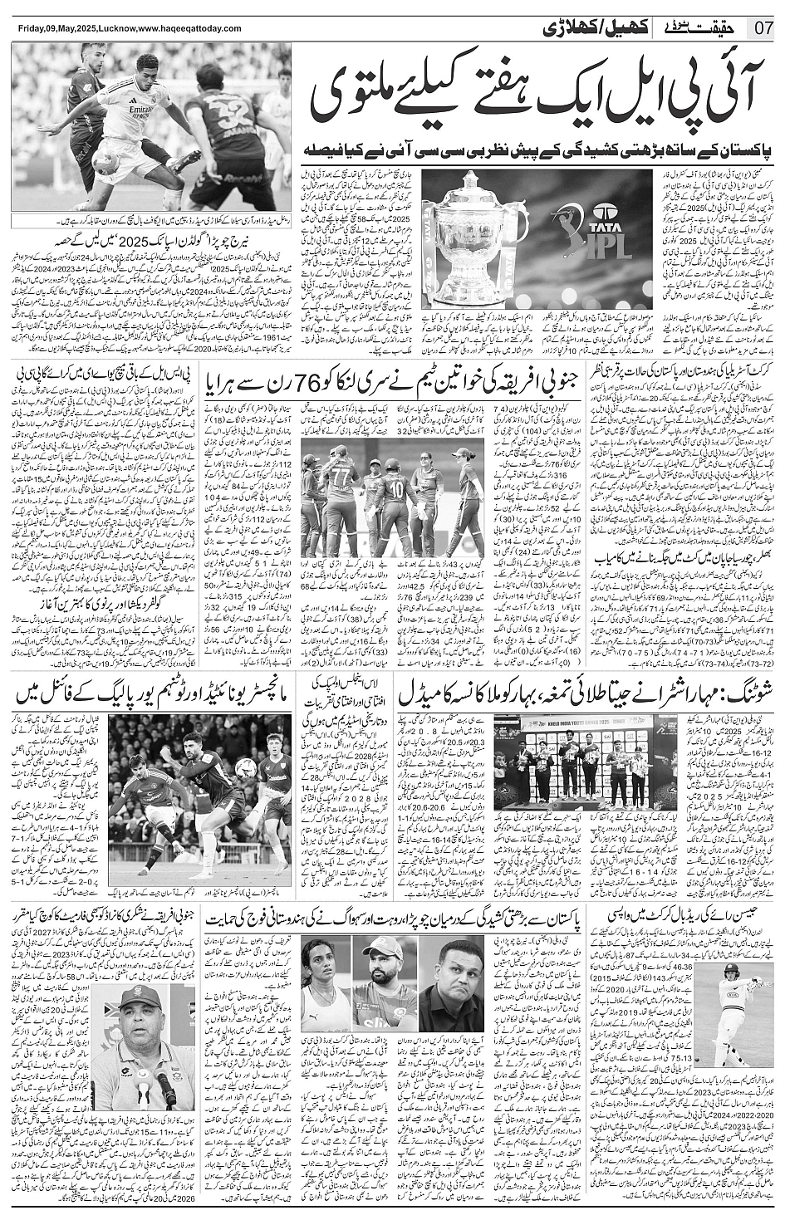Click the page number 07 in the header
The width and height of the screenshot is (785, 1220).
tap(763, 28)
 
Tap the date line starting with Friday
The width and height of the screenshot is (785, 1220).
tap(128, 29)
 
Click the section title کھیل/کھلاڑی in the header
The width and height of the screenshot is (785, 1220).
tap(596, 27)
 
